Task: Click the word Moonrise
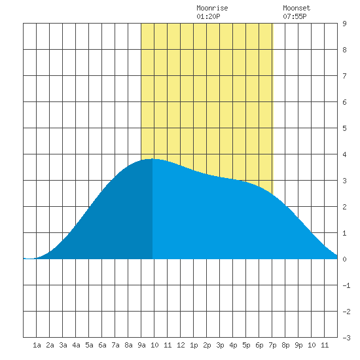click(x=212, y=8)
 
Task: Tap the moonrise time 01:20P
click(x=208, y=16)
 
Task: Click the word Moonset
click(x=297, y=8)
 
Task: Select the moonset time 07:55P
click(x=295, y=16)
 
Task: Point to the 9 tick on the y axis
click(x=344, y=24)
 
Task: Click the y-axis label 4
click(x=344, y=154)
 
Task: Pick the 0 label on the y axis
click(x=344, y=259)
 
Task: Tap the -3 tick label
click(x=346, y=338)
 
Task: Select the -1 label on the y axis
click(x=346, y=285)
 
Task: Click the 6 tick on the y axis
click(x=344, y=102)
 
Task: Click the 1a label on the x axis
click(x=37, y=345)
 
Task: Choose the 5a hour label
click(x=89, y=345)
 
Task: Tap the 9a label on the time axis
click(x=141, y=345)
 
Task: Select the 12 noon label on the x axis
click(x=181, y=345)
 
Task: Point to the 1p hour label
click(x=194, y=345)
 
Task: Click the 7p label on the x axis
click(x=272, y=345)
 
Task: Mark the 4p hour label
click(x=233, y=345)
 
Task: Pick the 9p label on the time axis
click(x=298, y=345)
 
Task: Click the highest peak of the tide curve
click(x=153, y=159)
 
